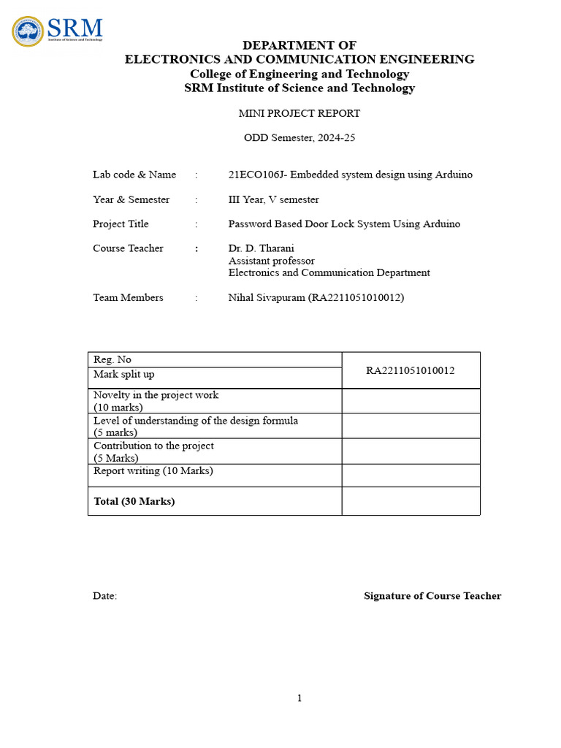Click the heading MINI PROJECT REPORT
click(x=299, y=113)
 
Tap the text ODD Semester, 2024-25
click(x=299, y=137)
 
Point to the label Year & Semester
click(x=131, y=199)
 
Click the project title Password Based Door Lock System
click(x=344, y=224)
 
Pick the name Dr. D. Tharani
click(x=262, y=248)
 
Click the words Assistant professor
click(x=272, y=261)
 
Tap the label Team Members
click(x=129, y=297)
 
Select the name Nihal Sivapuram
click(x=264, y=297)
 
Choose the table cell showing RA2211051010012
click(x=411, y=370)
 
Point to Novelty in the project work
click(x=156, y=395)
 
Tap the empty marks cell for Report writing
click(x=411, y=476)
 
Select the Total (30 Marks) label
click(x=134, y=501)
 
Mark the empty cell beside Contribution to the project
click(x=411, y=451)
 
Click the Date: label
click(x=105, y=596)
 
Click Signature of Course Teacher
click(x=432, y=596)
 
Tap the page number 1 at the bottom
click(x=299, y=698)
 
